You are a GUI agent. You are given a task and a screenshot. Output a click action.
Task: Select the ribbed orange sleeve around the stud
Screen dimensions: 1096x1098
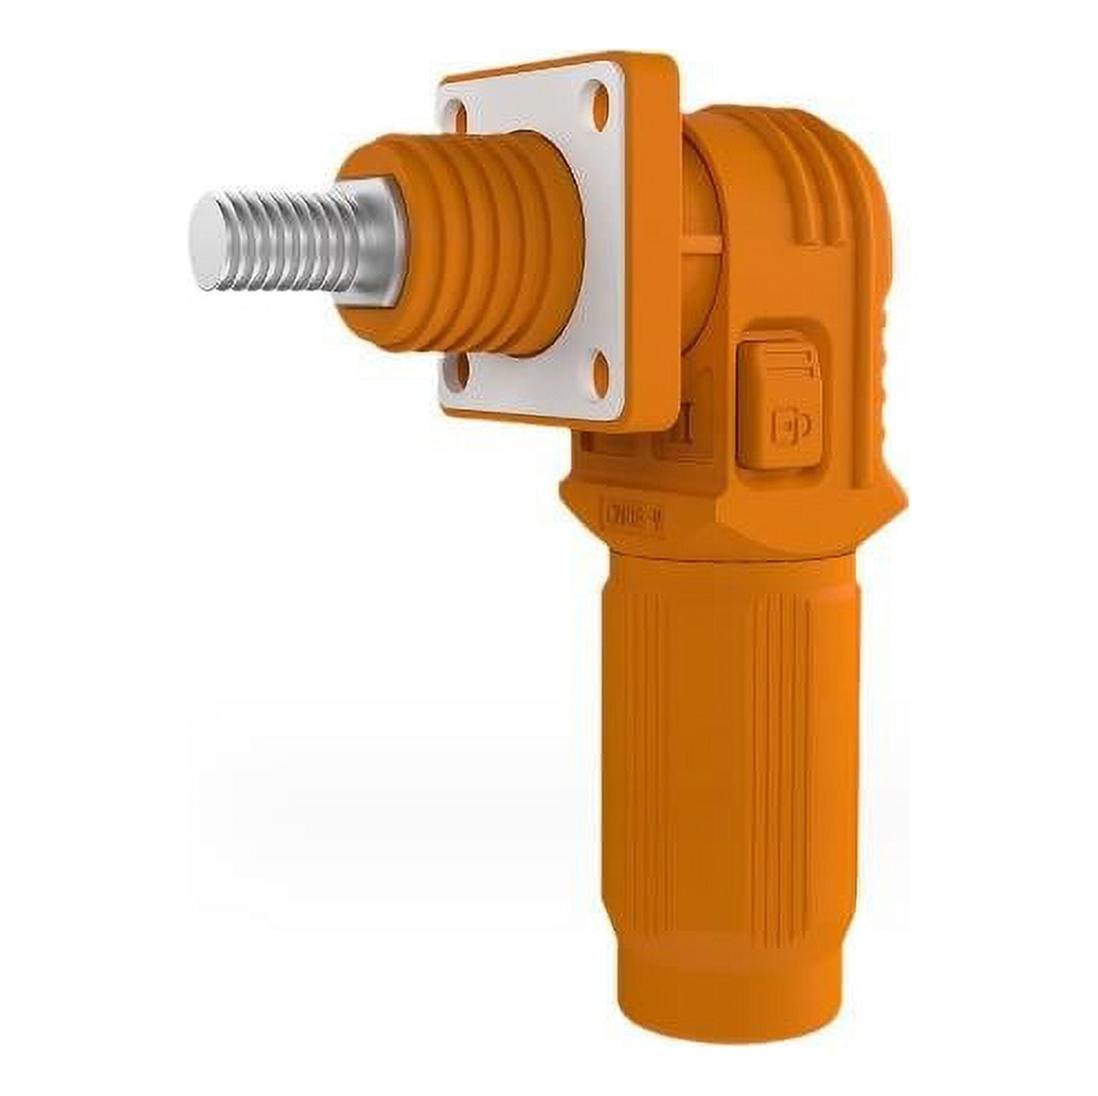tap(488, 244)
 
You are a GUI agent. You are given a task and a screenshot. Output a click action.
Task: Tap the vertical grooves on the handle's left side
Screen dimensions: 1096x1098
tap(646, 717)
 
